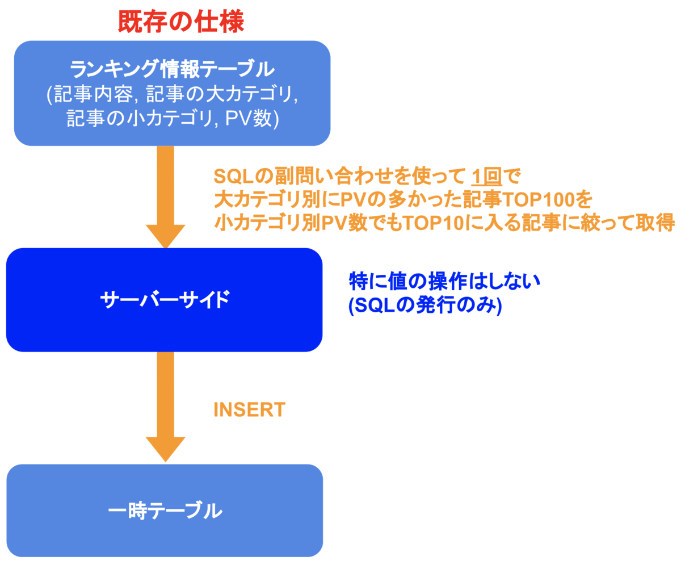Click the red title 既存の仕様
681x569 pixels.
pos(180,22)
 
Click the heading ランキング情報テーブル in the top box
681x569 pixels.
pos(172,70)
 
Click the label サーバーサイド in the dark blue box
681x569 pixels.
pos(165,299)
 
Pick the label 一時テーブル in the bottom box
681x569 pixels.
pos(165,511)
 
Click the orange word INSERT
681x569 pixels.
pos(249,409)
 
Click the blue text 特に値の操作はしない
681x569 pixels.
pos(443,281)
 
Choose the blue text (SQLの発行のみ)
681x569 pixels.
pos(425,305)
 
